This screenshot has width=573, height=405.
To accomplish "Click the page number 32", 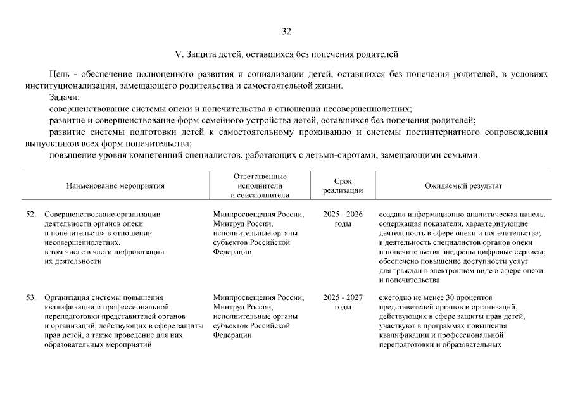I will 286,31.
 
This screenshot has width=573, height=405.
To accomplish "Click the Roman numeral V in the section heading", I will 177,55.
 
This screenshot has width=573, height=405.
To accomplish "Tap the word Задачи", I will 65,97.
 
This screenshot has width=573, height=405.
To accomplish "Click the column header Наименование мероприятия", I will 115,187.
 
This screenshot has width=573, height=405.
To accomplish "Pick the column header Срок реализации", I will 343,186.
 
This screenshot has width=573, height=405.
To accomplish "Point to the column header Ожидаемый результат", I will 463,187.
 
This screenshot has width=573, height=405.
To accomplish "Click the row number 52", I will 31,215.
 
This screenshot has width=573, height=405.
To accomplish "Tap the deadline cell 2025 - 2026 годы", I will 343,219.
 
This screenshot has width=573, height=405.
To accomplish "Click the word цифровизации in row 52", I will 142,252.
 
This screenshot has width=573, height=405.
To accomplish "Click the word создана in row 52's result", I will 393,215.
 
